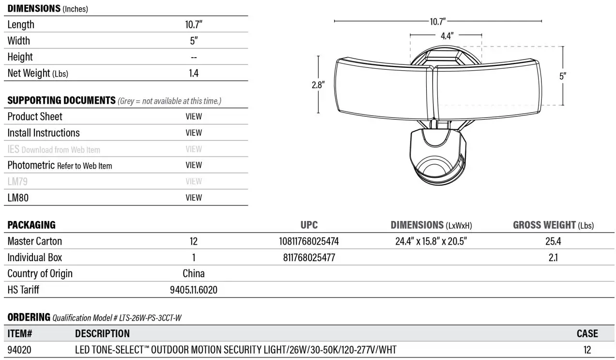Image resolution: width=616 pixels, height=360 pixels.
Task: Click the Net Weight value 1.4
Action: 194,73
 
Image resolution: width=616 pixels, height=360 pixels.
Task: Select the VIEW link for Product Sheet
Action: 194,116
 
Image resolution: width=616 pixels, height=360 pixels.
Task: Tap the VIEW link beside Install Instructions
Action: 194,133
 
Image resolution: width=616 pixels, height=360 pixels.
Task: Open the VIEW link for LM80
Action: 194,198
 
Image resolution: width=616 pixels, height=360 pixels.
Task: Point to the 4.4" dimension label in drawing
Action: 446,35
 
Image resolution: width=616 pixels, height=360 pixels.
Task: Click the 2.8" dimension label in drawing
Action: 318,84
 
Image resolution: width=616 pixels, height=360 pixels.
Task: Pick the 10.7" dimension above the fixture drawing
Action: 437,21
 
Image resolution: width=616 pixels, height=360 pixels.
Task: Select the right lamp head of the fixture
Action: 486,90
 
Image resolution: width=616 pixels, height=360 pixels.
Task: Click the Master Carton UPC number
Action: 309,241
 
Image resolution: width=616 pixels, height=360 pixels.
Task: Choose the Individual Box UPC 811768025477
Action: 309,258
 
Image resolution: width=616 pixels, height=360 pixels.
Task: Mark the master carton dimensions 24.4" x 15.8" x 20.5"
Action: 431,241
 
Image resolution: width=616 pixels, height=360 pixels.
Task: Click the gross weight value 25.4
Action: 553,241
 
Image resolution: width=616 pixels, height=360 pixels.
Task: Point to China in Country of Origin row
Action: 194,274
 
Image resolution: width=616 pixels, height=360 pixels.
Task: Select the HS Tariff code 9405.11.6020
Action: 194,290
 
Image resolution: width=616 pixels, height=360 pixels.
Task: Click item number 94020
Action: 19,350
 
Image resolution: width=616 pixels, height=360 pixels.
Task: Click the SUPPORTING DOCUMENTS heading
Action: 61,100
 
